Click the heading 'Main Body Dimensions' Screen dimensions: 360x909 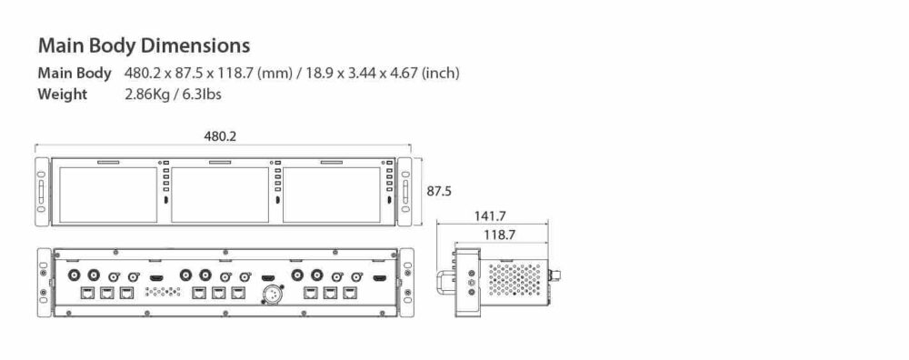(x=143, y=45)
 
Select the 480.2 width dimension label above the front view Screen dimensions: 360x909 (x=221, y=135)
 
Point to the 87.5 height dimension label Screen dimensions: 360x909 (x=439, y=191)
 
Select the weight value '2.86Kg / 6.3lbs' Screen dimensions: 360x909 (x=174, y=95)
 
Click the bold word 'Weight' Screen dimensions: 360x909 (x=63, y=95)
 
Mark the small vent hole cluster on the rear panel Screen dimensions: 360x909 (x=159, y=294)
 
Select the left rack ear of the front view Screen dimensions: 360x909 (x=42, y=193)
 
